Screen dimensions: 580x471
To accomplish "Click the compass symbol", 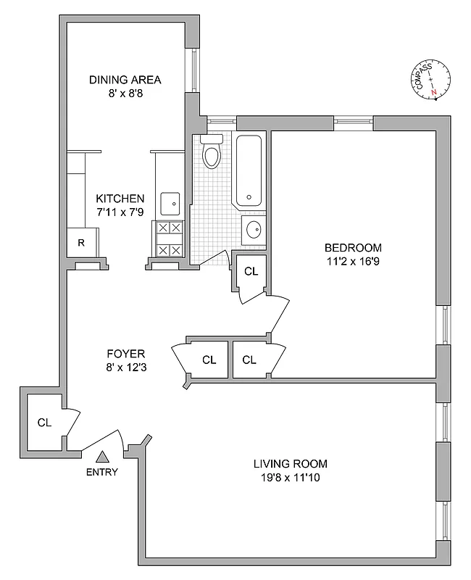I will pyautogui.click(x=430, y=78).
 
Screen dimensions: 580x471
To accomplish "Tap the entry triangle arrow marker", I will pyautogui.click(x=102, y=456).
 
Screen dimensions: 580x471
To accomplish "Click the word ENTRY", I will pyautogui.click(x=102, y=472).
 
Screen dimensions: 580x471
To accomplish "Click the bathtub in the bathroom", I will pyautogui.click(x=249, y=171).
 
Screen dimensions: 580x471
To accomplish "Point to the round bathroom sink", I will pyautogui.click(x=254, y=230).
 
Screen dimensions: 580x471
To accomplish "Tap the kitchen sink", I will pyautogui.click(x=170, y=204).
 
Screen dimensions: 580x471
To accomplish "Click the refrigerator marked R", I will pyautogui.click(x=80, y=243).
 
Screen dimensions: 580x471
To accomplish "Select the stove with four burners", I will pyautogui.click(x=169, y=239).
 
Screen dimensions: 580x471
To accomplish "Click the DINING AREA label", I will pyautogui.click(x=125, y=80).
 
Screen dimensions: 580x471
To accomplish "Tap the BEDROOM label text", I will pyautogui.click(x=353, y=247).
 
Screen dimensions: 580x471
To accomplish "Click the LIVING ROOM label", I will pyautogui.click(x=290, y=463).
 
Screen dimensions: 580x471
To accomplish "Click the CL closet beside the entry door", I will pyautogui.click(x=44, y=422).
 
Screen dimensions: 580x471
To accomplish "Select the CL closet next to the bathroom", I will pyautogui.click(x=251, y=272).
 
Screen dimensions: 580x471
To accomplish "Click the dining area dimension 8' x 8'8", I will pyautogui.click(x=125, y=93).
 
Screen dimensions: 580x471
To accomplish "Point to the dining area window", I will pyautogui.click(x=193, y=70).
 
